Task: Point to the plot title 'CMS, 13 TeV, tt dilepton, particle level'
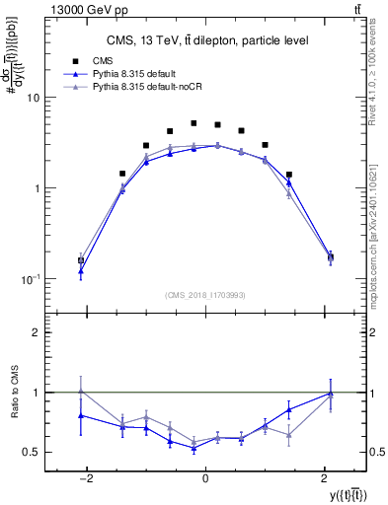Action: coord(205,40)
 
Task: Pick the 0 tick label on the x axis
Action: coord(205,477)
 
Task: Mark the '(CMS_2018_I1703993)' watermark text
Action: coord(205,294)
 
